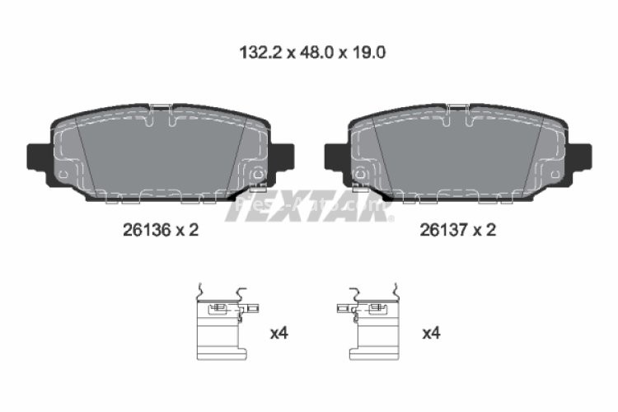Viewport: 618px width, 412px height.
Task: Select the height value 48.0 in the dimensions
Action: coord(307,52)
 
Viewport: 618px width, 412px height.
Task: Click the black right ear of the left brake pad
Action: coord(283,155)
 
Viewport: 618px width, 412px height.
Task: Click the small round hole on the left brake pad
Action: coord(257,174)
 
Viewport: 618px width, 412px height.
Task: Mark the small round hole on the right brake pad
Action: coord(360,174)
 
